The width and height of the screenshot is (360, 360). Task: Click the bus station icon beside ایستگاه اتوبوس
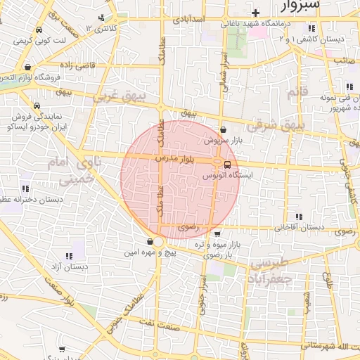point(226,165)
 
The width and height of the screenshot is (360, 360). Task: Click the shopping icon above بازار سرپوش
point(223,130)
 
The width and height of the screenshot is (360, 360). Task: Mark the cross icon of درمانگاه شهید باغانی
point(256,13)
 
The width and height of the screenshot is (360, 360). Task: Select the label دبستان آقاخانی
point(299,228)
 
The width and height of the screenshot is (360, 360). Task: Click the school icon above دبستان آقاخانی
point(298,217)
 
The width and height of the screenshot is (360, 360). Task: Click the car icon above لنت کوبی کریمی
point(38,30)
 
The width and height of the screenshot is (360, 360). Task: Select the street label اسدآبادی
point(188,15)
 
